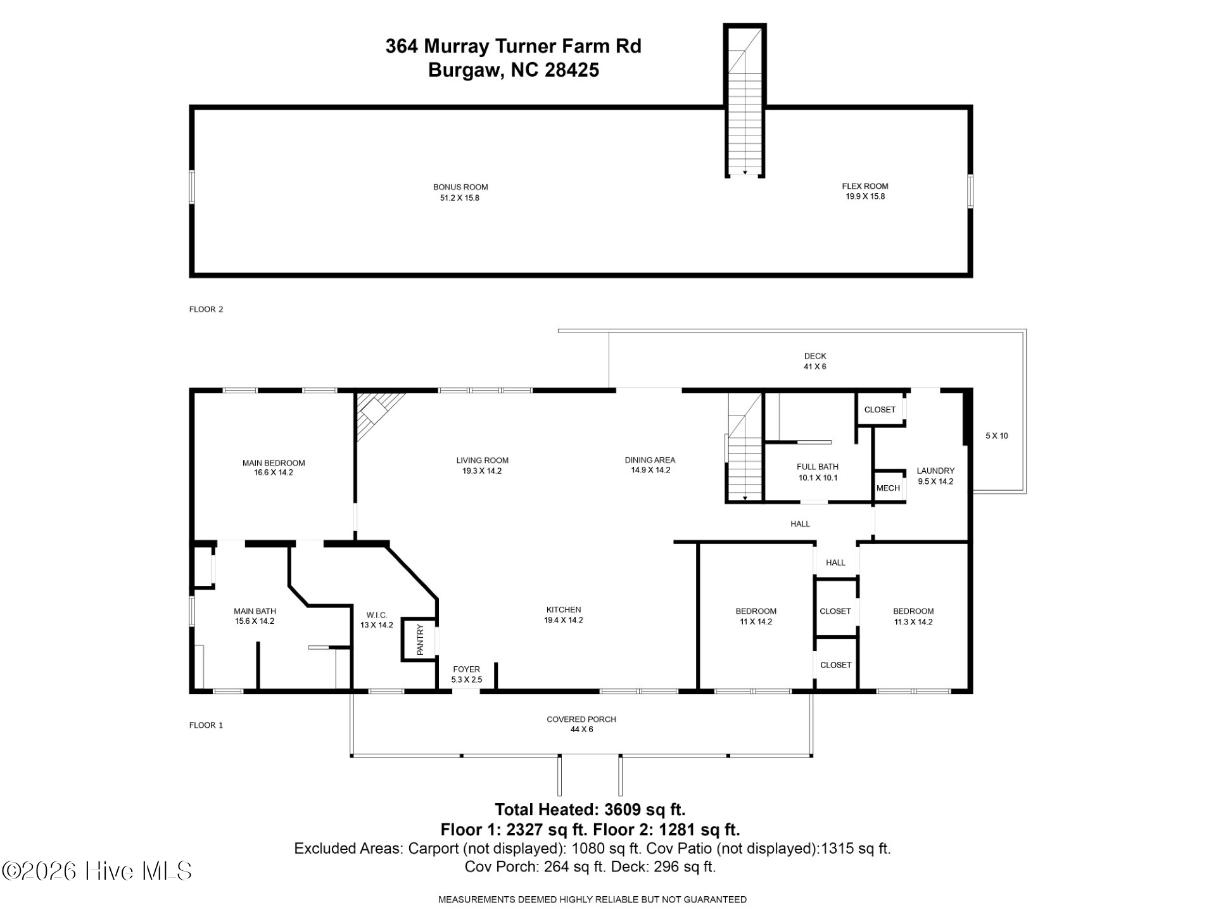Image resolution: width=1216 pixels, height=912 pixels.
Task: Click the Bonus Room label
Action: [x=460, y=187]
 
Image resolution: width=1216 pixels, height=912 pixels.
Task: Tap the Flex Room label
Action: [x=865, y=186]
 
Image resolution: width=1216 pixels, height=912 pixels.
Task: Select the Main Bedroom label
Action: [x=274, y=463]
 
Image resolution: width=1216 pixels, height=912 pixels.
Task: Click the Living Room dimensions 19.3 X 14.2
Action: [x=482, y=471]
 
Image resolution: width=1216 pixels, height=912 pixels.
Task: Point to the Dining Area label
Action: [x=650, y=460]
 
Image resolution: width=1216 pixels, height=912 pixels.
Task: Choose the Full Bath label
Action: [x=818, y=467]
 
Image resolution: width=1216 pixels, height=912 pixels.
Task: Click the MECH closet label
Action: [x=888, y=488]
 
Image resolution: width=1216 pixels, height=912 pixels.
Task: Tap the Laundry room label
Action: [x=935, y=471]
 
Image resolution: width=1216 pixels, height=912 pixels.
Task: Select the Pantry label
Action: [x=419, y=640]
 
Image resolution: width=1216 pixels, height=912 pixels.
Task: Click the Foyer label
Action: [x=466, y=669]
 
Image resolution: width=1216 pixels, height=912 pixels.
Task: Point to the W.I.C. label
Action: [x=377, y=615]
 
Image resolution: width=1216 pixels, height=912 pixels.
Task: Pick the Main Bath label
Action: [x=255, y=611]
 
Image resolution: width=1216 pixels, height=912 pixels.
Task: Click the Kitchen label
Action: [x=564, y=610]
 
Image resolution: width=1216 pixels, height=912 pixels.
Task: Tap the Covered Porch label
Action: [x=581, y=719]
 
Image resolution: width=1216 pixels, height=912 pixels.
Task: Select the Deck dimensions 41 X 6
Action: [x=815, y=367]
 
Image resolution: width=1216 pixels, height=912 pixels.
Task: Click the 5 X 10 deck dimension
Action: [x=997, y=436]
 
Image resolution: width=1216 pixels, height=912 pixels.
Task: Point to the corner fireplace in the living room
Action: [x=379, y=415]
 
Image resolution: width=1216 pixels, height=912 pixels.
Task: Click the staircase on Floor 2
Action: [x=745, y=100]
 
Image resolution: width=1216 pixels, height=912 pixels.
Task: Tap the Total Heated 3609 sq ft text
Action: [x=590, y=809]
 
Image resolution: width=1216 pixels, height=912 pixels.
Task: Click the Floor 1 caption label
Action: [x=206, y=725]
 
